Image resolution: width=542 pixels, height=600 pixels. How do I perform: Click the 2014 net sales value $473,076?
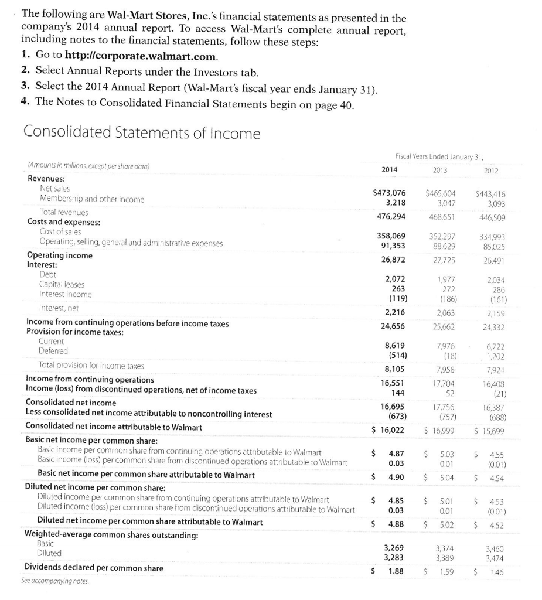pos(389,193)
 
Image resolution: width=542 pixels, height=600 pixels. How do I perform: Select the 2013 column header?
pos(439,170)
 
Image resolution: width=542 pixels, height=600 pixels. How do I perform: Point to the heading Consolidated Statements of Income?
pos(141,133)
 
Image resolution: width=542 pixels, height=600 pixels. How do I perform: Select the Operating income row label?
pos(60,255)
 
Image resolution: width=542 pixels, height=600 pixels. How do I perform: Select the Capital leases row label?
pos(62,284)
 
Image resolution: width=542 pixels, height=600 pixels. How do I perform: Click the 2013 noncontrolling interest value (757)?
pos(446,417)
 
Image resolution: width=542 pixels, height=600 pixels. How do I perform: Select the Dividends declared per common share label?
pos(94,568)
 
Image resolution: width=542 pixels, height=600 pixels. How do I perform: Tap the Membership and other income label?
pos(92,199)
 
